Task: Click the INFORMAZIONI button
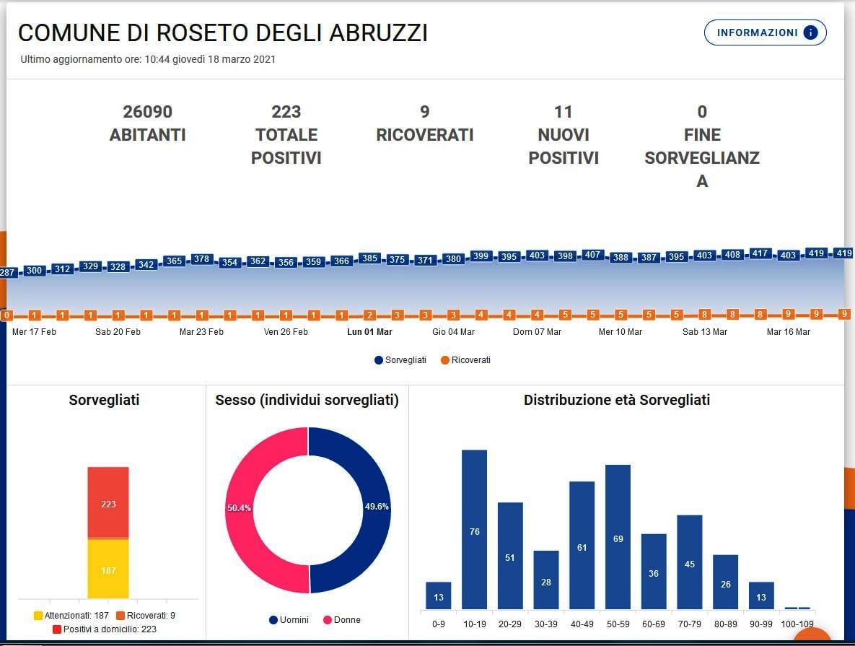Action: click(x=765, y=32)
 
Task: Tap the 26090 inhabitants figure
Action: click(x=147, y=112)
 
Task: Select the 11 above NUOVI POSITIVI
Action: click(x=563, y=112)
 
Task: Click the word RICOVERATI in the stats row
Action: click(x=424, y=135)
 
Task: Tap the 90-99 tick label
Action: click(x=761, y=624)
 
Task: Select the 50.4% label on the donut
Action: click(x=239, y=508)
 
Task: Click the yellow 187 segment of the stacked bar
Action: click(x=108, y=569)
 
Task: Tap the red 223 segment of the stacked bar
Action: click(x=108, y=503)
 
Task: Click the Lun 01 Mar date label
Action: click(x=369, y=332)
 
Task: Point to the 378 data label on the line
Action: click(x=202, y=259)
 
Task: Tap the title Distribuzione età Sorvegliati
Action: click(x=616, y=400)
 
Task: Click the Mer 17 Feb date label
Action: click(x=34, y=332)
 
